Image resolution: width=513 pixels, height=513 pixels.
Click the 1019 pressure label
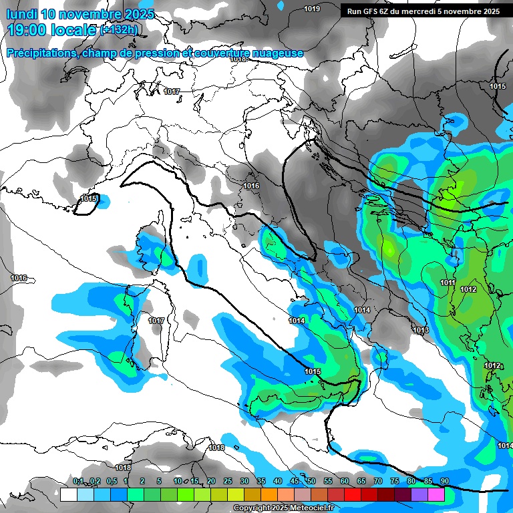click(311, 9)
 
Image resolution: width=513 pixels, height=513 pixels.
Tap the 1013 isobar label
click(420, 331)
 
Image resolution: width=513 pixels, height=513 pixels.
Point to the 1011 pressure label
click(448, 283)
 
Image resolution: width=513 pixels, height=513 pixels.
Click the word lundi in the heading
click(22, 14)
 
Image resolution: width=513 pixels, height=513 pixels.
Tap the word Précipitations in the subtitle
click(41, 53)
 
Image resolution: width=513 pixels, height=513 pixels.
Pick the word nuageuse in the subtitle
click(277, 53)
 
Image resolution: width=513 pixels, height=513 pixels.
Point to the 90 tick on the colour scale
click(444, 482)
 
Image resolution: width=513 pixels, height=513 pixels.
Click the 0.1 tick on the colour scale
click(78, 482)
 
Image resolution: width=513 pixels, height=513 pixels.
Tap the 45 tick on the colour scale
click(295, 482)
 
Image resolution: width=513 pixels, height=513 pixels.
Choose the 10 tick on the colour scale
click(178, 482)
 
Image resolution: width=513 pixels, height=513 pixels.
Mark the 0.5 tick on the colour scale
click(110, 482)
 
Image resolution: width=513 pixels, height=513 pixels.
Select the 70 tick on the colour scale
click(378, 482)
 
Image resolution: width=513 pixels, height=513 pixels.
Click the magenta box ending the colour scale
click(436, 494)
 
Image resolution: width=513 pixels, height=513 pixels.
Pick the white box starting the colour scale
click(68, 494)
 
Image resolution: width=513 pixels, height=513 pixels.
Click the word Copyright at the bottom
click(252, 508)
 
